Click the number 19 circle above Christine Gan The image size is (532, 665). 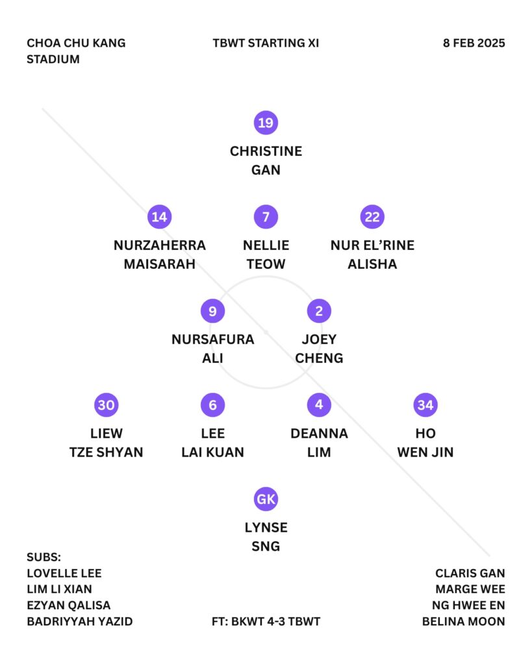coord(266,123)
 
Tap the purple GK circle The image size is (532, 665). coord(266,499)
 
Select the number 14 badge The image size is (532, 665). coord(159,217)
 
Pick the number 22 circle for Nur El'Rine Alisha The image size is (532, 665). coord(372,217)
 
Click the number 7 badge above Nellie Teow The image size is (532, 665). coord(266,217)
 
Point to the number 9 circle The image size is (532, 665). coord(212,311)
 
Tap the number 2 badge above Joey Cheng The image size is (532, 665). coord(319,311)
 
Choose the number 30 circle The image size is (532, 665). coord(106,405)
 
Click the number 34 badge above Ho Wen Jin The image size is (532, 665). coord(425,405)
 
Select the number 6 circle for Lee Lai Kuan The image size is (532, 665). coord(212,405)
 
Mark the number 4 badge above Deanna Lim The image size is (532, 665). coord(319,405)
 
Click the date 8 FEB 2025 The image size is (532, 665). coord(474,44)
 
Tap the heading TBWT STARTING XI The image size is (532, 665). coord(266,44)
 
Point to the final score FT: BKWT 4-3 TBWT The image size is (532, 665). coord(266,621)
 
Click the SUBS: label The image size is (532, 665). coord(44,557)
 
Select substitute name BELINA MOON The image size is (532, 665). coord(463,621)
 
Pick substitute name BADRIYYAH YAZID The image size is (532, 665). coord(79,621)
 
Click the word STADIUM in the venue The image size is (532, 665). coord(53,59)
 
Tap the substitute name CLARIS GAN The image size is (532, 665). coord(470,573)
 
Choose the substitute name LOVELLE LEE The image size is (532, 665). coord(64,573)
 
